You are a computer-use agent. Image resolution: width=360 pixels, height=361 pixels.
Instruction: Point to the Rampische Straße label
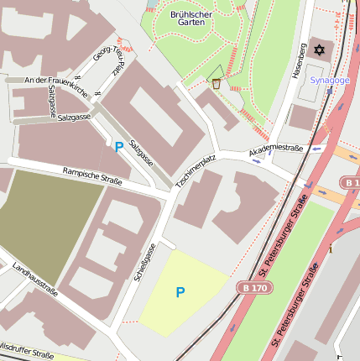(92, 176)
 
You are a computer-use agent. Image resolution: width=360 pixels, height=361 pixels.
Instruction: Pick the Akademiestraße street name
(275, 150)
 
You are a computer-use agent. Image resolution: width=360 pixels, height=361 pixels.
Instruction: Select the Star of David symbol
(318, 51)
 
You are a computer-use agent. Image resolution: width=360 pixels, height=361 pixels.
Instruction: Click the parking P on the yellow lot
(180, 292)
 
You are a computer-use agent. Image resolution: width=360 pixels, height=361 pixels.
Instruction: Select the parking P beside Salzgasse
(119, 147)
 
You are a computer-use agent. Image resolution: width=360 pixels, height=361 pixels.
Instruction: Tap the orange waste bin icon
(217, 83)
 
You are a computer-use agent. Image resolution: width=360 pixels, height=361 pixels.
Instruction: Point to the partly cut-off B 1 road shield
(351, 183)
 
